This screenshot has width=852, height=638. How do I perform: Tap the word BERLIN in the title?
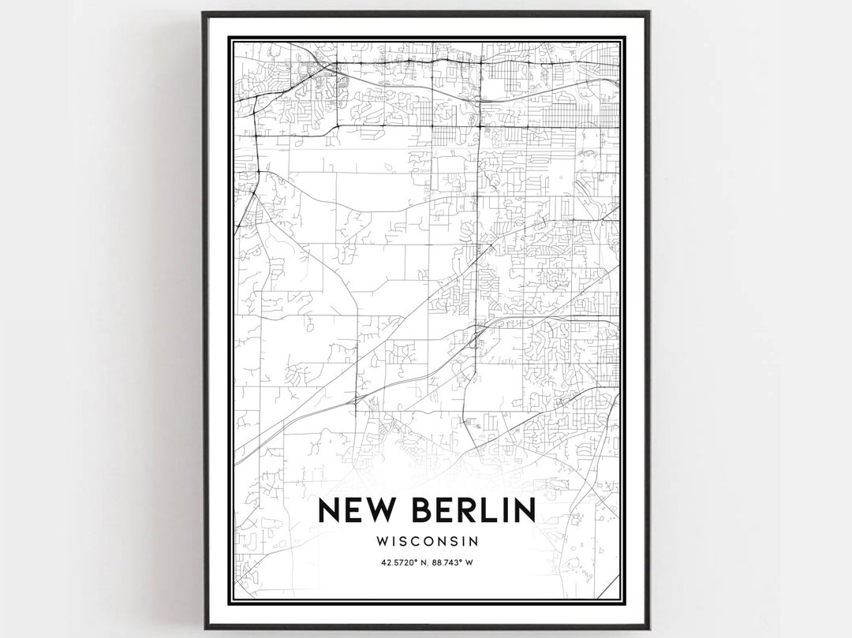click(x=471, y=510)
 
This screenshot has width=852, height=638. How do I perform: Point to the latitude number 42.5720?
click(x=399, y=562)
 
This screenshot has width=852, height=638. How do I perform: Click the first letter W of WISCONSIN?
click(x=384, y=542)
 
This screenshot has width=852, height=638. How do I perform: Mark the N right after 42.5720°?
click(x=424, y=562)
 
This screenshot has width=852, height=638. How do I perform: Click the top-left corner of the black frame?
click(x=204, y=13)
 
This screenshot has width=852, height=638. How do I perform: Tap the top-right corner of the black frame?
click(x=648, y=13)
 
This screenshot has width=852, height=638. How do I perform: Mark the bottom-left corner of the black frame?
click(x=204, y=628)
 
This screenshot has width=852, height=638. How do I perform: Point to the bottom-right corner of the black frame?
click(x=648, y=628)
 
